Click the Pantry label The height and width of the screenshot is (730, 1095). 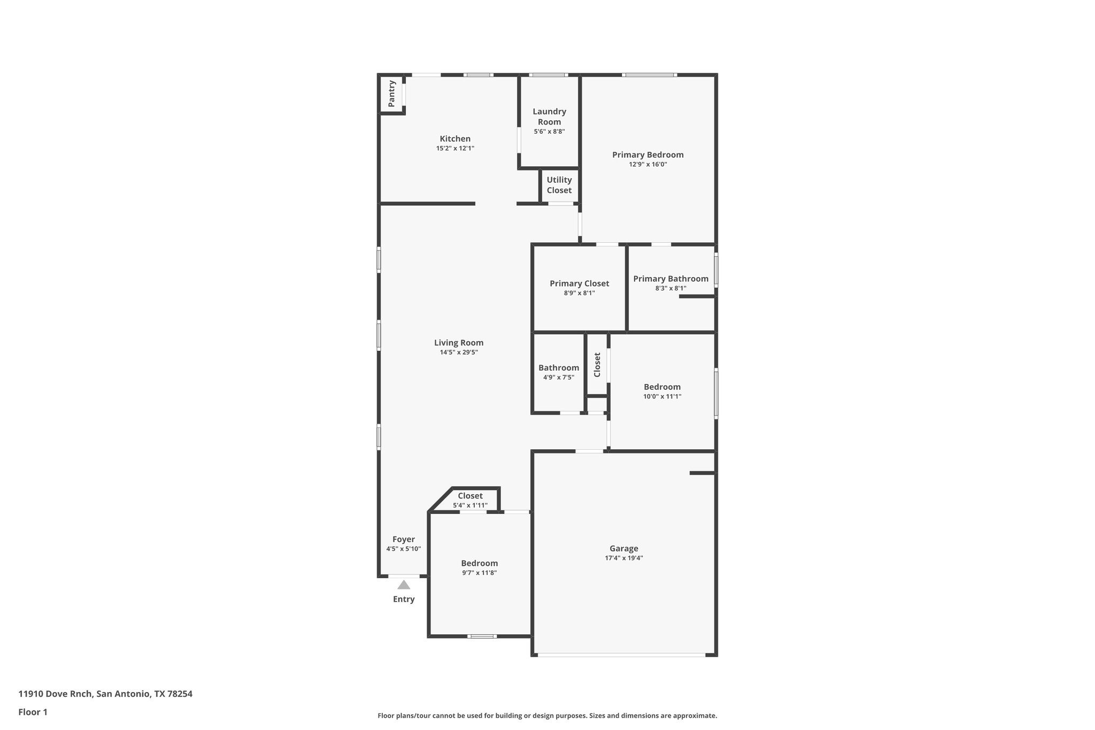391,94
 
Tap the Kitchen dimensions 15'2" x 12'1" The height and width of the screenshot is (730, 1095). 455,149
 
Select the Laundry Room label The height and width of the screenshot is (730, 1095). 549,117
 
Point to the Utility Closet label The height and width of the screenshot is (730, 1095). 559,185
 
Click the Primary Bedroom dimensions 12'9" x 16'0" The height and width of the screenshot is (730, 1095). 647,165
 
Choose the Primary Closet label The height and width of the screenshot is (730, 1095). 579,283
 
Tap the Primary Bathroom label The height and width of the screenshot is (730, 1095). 670,279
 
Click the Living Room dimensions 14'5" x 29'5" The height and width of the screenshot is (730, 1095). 458,352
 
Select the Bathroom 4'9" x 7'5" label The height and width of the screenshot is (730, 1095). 558,368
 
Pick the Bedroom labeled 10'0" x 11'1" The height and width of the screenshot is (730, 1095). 662,387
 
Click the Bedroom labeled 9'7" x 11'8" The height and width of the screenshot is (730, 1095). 479,563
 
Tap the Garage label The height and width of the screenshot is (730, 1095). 623,548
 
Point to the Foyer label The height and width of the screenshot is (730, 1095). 403,539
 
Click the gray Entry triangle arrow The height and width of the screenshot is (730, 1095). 404,585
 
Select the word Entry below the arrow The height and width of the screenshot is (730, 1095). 404,599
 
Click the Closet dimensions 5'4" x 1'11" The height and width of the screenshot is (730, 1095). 470,505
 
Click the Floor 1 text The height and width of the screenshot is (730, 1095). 33,712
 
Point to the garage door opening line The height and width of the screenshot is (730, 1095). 621,655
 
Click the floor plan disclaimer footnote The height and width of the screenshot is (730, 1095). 547,716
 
